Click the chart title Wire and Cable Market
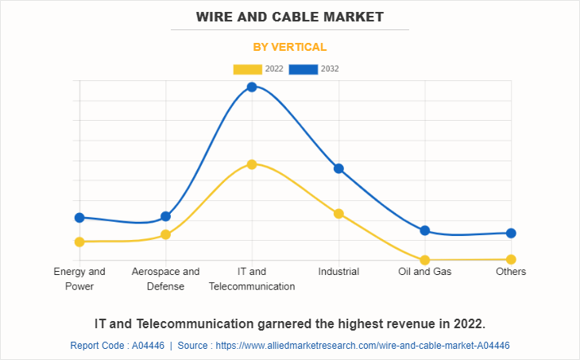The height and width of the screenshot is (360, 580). (289, 16)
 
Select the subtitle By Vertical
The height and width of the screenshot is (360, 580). (289, 47)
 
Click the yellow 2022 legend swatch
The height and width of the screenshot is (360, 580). (246, 69)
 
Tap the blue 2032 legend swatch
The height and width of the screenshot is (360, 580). (303, 69)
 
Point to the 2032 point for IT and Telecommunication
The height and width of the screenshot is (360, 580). (251, 87)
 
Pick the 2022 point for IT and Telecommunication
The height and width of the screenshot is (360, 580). (251, 165)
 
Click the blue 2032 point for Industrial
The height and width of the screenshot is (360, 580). (338, 168)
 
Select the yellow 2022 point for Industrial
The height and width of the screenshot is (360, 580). (338, 214)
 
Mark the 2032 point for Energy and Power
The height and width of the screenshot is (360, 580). (79, 218)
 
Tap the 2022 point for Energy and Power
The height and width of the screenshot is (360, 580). (79, 242)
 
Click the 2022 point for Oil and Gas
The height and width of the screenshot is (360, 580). (425, 260)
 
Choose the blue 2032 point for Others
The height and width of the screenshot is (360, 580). (512, 233)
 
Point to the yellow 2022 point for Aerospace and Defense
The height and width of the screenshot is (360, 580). (165, 234)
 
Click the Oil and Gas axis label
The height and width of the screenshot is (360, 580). (425, 272)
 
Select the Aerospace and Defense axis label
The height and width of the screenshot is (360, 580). (165, 279)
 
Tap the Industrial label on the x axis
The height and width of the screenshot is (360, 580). (338, 272)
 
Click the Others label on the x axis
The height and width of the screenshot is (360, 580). (511, 272)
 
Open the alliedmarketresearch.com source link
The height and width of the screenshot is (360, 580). (362, 346)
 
